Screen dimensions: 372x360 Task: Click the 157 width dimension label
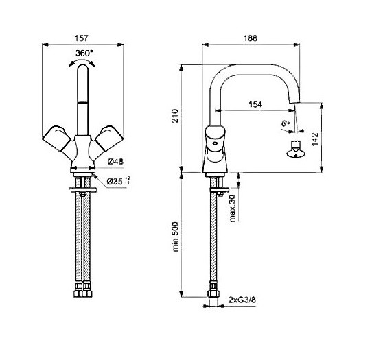coord(82,38)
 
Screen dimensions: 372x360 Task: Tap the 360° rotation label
coord(84,53)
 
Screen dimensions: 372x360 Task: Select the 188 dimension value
coord(251,38)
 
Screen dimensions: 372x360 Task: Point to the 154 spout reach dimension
coord(255,104)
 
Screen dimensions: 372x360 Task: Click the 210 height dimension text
coord(175,116)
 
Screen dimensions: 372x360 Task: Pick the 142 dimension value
coord(315,139)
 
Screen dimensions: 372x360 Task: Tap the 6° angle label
coord(286,123)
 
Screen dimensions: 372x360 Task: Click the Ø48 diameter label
coord(115,162)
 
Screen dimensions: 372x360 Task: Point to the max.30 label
coord(233,208)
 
